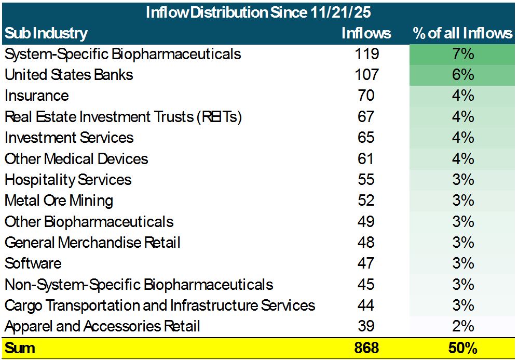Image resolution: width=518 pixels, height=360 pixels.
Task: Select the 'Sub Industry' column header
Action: point(46,33)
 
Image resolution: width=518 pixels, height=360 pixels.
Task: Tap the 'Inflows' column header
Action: point(366,33)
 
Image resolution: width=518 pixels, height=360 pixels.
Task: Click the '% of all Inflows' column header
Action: point(462,33)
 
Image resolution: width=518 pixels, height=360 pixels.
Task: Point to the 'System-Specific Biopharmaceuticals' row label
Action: point(122,54)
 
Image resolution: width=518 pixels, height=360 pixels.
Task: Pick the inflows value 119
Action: point(366,54)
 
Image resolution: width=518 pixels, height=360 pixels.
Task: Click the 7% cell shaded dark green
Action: point(462,54)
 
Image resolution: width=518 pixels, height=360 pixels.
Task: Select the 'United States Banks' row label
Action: point(69,75)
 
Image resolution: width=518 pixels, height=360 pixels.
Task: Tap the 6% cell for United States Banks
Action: point(462,75)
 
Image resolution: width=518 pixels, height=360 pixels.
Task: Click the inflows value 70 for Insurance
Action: point(366,96)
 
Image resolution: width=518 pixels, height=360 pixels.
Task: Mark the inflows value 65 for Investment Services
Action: point(366,138)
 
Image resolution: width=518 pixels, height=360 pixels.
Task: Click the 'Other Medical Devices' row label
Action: point(76,159)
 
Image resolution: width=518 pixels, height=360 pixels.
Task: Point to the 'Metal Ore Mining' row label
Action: point(59,201)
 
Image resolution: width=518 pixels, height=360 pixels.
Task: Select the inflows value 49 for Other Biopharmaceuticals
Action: point(366,222)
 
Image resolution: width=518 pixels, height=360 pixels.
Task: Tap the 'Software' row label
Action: point(33,263)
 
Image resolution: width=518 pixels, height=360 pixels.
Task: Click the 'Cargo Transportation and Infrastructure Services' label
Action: point(160,305)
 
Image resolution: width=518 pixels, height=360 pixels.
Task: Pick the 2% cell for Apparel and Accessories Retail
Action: point(462,326)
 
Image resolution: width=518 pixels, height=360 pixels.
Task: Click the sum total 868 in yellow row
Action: point(366,348)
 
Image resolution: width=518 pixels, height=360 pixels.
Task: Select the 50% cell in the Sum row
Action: point(462,348)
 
